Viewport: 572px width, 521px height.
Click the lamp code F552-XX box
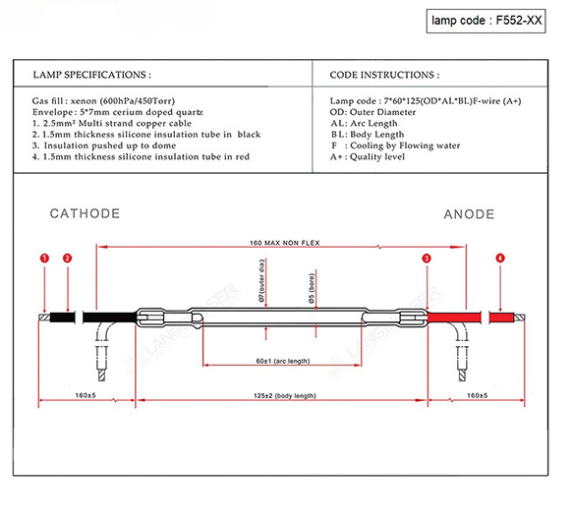tap(486, 21)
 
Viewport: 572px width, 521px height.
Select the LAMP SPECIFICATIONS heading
tap(92, 75)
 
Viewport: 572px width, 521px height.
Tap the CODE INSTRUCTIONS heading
tap(384, 75)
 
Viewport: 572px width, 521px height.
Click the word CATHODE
tap(85, 213)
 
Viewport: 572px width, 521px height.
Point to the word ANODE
tap(469, 214)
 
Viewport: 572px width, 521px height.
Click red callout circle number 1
tap(44, 259)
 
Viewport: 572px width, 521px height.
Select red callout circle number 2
tap(68, 259)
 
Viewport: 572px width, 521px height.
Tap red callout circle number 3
tap(427, 259)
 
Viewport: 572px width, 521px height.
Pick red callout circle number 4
tap(500, 259)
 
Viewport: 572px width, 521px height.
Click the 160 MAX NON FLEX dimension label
tap(285, 243)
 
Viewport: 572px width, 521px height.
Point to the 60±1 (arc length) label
tap(283, 361)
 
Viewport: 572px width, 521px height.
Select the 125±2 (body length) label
tap(285, 395)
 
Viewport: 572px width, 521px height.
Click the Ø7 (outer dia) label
tap(261, 280)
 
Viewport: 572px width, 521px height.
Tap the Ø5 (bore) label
tap(312, 288)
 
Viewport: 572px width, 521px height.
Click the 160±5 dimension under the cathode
tap(86, 395)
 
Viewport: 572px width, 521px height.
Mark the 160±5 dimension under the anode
tap(477, 395)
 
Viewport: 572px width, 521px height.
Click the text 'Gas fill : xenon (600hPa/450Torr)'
tap(103, 100)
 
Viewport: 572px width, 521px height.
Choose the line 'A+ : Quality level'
tap(368, 157)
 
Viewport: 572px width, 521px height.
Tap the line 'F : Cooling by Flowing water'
tap(395, 145)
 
